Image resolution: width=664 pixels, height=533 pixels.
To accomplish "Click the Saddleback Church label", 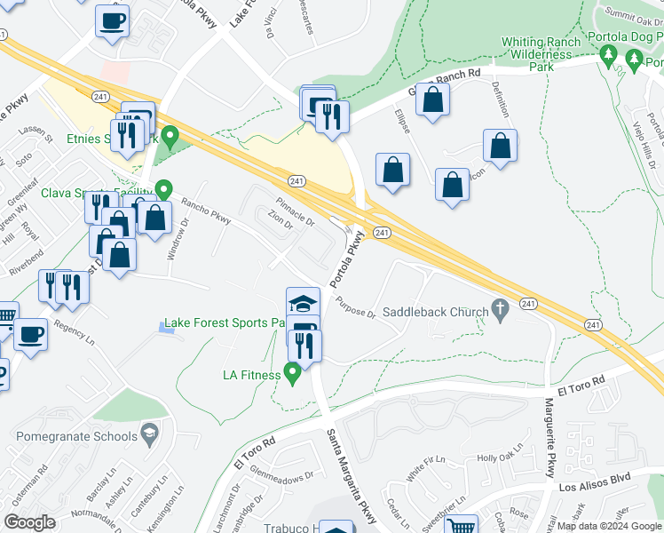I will point(436,312).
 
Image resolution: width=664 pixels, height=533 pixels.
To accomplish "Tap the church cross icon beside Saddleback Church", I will point(501,310).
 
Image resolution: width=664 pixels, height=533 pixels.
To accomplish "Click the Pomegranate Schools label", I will point(77,436).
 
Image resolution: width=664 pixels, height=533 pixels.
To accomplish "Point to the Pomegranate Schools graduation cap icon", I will point(150,435).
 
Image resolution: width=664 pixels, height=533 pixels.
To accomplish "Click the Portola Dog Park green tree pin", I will point(608,58).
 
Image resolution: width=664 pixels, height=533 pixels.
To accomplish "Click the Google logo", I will point(29,522).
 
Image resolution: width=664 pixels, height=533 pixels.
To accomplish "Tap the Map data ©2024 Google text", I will point(608,526).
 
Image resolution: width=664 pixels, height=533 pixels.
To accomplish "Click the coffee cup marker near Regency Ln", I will point(31,335).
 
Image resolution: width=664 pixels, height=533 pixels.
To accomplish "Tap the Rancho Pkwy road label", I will point(206,211).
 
